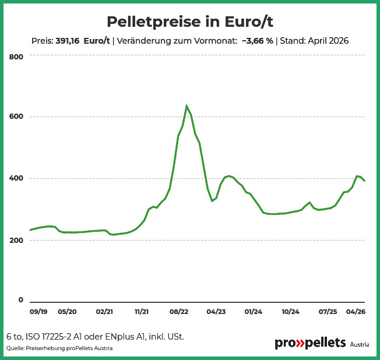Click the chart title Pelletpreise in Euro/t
coord(190,22)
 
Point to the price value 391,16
coord(68,41)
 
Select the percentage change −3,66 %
coord(258,41)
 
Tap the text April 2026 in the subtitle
coord(328,41)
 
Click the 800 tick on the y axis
coord(16,57)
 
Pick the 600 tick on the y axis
coord(16,117)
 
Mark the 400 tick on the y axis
coord(16,178)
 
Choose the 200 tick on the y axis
coord(16,240)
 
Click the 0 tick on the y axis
coord(21,299)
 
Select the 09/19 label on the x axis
coord(38,312)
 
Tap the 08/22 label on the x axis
coord(179,312)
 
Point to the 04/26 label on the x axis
coord(356,312)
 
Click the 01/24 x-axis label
coord(254,312)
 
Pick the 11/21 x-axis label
coord(142,312)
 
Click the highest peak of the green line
coord(187,105)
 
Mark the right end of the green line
coord(364,181)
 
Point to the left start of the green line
coord(30,230)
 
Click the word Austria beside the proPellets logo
coord(360,344)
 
